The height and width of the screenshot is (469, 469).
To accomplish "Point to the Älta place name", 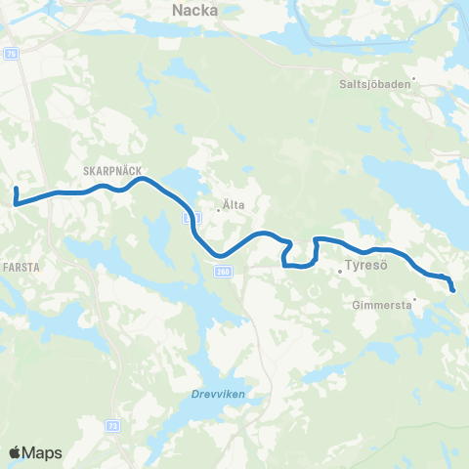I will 234,205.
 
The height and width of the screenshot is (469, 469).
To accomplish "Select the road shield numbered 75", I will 12,55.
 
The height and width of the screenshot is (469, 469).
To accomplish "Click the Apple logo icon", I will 15,452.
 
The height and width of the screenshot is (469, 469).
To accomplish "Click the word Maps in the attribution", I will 42,452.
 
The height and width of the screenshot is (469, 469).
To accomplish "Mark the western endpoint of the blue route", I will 17,188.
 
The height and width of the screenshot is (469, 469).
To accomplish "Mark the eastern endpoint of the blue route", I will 453,289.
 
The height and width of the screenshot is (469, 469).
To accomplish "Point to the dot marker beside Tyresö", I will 339,270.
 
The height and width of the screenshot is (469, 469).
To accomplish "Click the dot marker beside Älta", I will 217,206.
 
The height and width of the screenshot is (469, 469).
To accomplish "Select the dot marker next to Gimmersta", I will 415,299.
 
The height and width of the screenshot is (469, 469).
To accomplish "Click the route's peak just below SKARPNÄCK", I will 143,179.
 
